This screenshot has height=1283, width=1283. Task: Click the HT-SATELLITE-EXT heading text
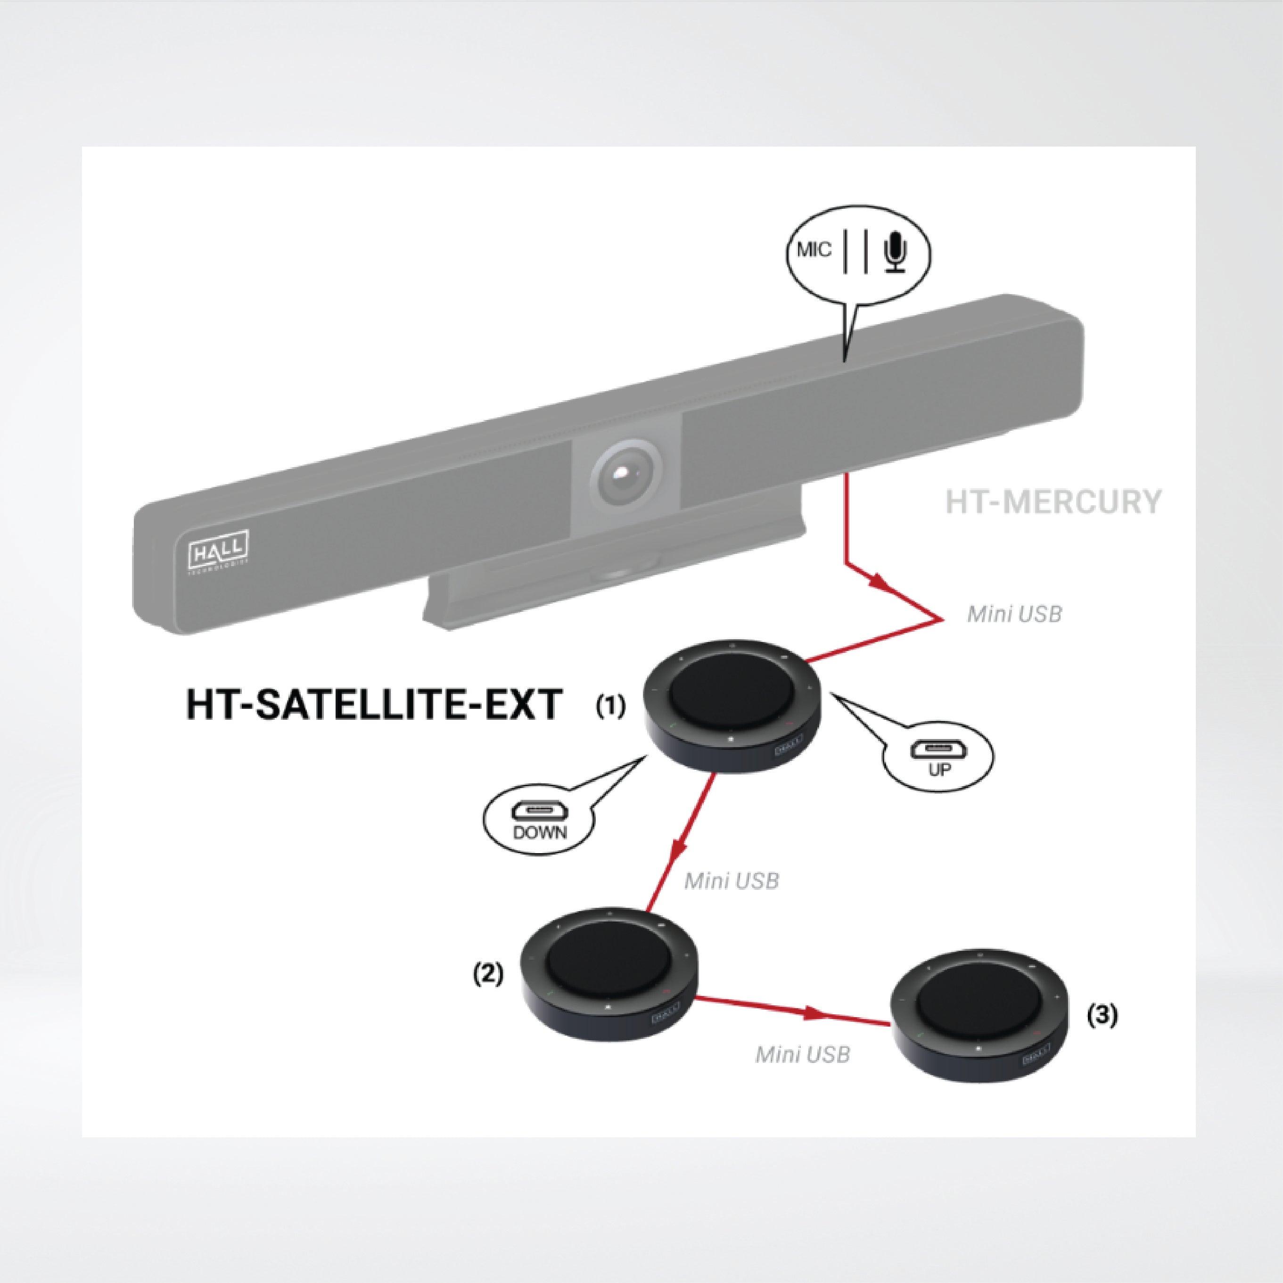pyautogui.click(x=374, y=705)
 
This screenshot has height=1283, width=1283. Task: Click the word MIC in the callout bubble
pyautogui.click(x=814, y=250)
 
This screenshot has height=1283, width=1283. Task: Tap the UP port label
pyautogui.click(x=939, y=770)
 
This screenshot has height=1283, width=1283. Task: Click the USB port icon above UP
pyautogui.click(x=939, y=750)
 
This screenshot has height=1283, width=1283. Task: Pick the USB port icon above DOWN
pyautogui.click(x=539, y=812)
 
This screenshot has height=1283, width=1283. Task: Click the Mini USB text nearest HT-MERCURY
pyautogui.click(x=1014, y=614)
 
